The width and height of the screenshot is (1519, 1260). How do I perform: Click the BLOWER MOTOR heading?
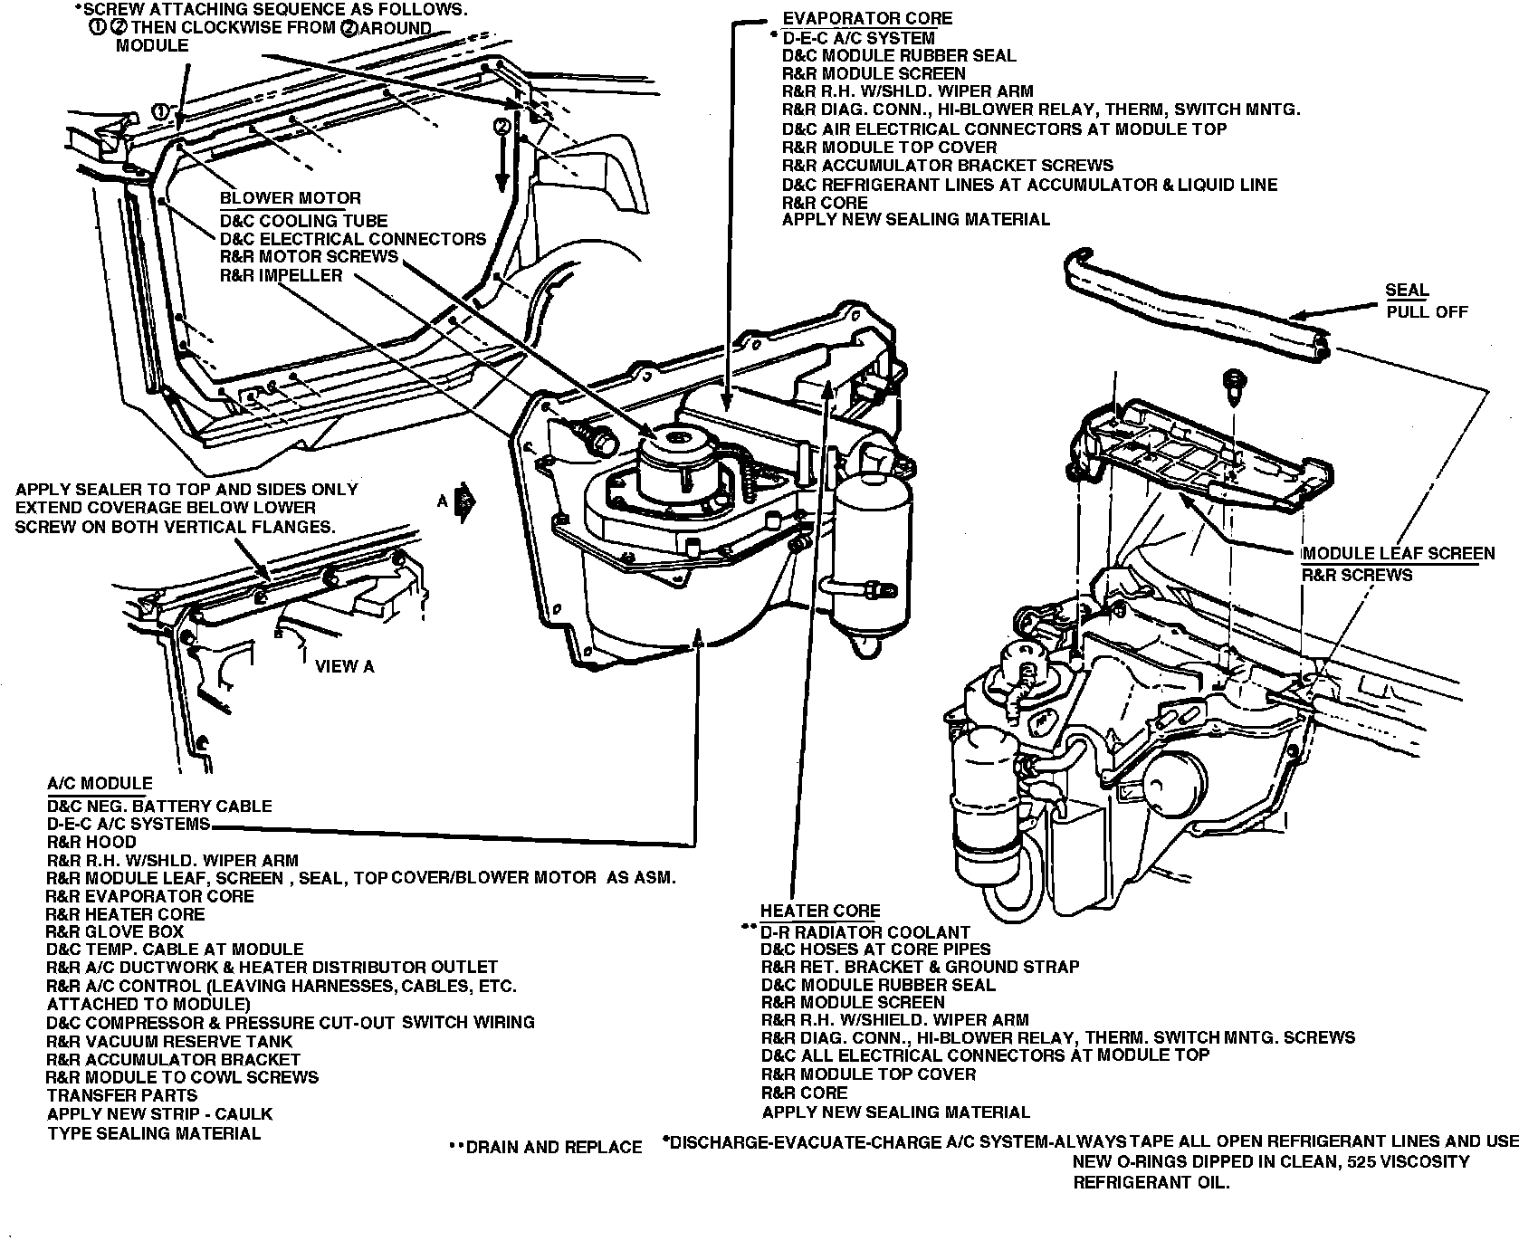click(290, 198)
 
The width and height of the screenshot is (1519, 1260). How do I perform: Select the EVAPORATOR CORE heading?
click(866, 18)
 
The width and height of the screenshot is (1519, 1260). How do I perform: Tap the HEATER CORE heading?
click(819, 912)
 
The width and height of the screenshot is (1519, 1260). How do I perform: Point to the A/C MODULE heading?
click(100, 784)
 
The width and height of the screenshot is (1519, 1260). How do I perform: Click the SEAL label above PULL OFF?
click(1406, 291)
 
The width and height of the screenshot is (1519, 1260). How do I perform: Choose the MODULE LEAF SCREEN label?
click(1398, 554)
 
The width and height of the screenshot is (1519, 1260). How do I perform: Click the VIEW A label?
click(344, 667)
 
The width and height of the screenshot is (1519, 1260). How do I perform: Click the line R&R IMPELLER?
click(281, 275)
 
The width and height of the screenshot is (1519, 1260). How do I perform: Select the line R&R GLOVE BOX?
click(115, 931)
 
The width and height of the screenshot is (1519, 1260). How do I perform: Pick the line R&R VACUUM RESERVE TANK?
click(169, 1041)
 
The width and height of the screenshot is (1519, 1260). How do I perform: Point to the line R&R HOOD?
click(91, 842)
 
